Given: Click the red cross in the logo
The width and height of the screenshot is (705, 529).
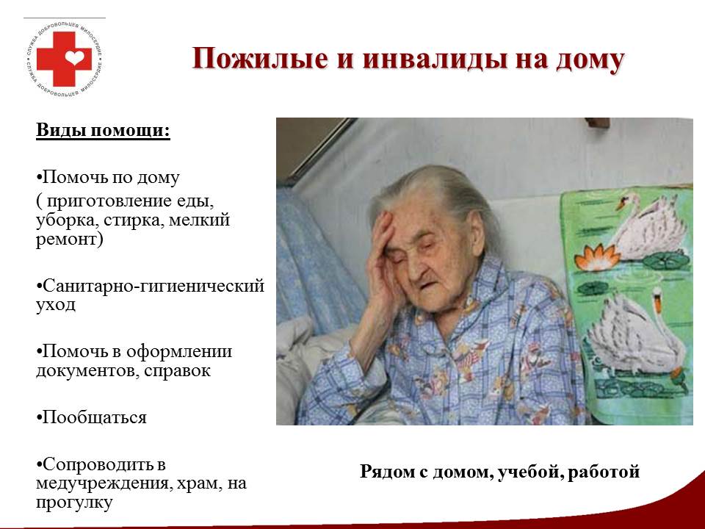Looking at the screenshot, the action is tap(63, 59).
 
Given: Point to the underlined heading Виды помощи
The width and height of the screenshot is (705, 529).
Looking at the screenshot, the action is tap(103, 130).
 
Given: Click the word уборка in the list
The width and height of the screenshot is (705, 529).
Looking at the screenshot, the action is tap(68, 220).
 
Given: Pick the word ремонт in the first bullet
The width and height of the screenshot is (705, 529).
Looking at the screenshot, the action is tap(67, 240).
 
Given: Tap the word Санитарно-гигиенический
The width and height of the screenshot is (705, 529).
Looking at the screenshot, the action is tap(153, 286).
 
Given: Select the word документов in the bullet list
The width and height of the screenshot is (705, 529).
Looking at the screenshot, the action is tap(87, 370).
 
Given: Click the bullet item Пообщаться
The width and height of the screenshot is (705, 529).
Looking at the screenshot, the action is tap(91, 417).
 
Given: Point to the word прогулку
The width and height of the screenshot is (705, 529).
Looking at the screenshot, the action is tap(73, 503).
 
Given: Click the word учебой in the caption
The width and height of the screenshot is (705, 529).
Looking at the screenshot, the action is tap(529, 472).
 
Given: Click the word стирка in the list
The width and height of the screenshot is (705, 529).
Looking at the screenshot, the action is tap(132, 220).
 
